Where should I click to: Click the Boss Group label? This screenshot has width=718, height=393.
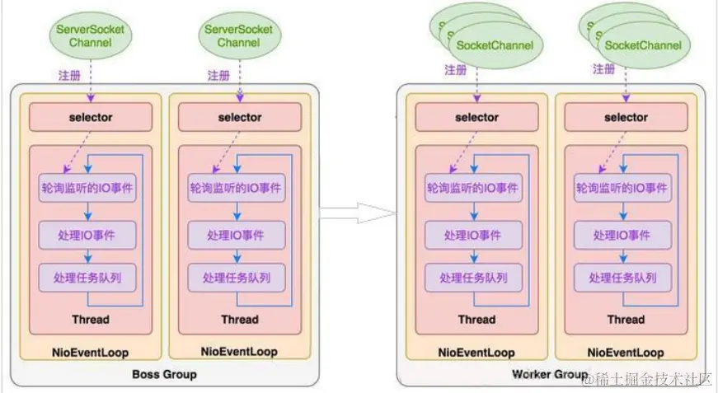click(x=165, y=375)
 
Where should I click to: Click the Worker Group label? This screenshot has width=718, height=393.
click(x=550, y=375)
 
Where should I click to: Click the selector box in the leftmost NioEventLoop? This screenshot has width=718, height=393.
click(x=91, y=117)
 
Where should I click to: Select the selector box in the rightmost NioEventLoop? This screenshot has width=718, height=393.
click(x=626, y=117)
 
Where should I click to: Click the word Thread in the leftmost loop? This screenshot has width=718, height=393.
click(x=91, y=319)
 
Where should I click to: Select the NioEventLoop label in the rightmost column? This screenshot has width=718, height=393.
click(x=626, y=353)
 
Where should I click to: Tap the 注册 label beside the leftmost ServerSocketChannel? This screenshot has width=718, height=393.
click(x=70, y=75)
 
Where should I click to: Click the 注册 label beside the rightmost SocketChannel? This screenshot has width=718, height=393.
click(x=604, y=70)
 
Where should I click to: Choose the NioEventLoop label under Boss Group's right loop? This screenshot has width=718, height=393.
click(x=239, y=352)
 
